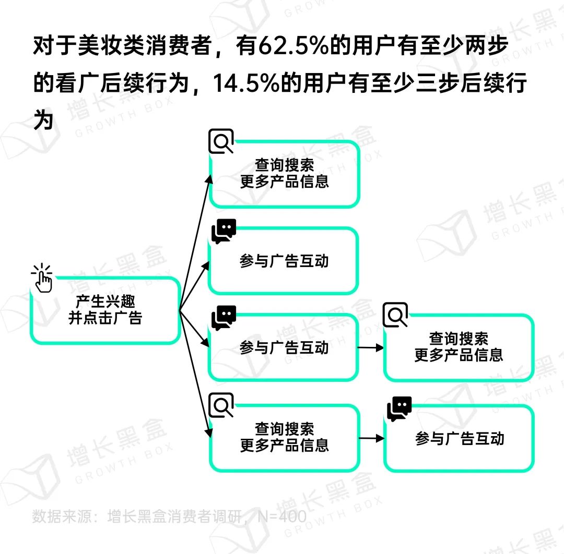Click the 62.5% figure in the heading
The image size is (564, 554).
coord(293,46)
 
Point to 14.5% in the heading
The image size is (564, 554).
coord(246,83)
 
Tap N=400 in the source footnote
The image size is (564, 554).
coord(282,516)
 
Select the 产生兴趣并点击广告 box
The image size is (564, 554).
coord(105,310)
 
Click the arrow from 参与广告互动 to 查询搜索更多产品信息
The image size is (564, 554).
coord(370,347)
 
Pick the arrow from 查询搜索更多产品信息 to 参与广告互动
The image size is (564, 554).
coord(372,438)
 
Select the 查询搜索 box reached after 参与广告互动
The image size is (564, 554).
coord(459,347)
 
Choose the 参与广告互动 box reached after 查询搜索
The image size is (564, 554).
coord(459,438)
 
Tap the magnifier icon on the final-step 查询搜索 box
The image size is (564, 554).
coord(395,315)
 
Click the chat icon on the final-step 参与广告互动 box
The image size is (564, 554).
coord(399,409)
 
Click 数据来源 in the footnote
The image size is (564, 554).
coord(60,516)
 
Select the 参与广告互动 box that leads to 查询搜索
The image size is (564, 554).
coord(284,347)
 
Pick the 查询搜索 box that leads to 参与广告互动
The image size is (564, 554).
coord(284,438)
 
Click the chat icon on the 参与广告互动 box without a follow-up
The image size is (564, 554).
coord(224,231)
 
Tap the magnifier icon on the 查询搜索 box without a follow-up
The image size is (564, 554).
coord(221,141)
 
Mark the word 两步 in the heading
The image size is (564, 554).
coord(487,46)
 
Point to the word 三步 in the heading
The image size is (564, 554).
coord(438,83)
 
